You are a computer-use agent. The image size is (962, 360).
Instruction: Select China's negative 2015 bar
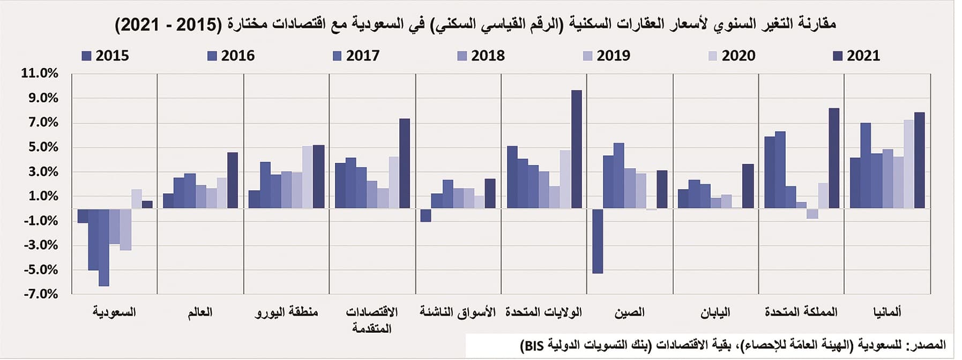598,241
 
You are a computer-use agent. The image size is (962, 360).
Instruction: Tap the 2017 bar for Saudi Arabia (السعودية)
104,247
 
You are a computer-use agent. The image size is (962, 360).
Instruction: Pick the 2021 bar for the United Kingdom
834,158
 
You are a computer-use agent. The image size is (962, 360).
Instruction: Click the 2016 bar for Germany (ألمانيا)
866,166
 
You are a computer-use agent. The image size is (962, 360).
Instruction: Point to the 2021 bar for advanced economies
405,163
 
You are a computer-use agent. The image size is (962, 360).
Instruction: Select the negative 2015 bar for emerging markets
426,215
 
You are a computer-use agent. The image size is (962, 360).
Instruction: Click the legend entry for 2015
106,56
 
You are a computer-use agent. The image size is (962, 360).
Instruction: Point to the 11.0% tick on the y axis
40,73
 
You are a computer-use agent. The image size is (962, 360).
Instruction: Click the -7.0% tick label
40,294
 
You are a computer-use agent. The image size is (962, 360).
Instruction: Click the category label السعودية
114,312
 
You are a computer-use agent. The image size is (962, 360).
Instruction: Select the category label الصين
630,312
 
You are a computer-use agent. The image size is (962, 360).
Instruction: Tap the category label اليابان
715,312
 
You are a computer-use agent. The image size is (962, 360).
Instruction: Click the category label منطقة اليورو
286,312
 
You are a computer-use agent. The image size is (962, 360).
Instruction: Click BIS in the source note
532,346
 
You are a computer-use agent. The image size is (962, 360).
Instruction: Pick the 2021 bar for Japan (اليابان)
748,186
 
